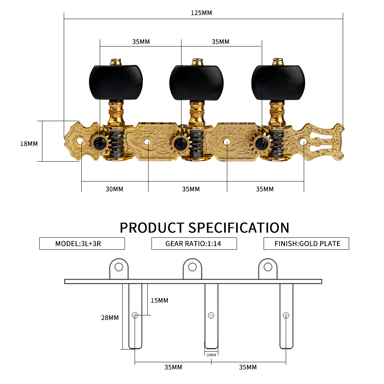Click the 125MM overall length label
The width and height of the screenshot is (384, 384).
[201, 13]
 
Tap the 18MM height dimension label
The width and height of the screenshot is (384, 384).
[29, 144]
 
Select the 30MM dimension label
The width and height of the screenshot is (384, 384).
[114, 189]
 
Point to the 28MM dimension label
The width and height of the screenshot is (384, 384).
[110, 318]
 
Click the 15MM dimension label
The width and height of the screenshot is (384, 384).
[159, 300]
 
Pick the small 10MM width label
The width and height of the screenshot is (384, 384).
[211, 355]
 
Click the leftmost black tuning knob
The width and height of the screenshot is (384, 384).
[116, 82]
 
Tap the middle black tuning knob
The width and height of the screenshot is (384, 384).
[196, 82]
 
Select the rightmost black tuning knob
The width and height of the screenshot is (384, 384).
[278, 82]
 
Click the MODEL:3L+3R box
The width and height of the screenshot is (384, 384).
[82, 244]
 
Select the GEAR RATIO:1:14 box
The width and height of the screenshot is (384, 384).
[194, 244]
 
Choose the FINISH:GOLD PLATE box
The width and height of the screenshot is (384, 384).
[306, 244]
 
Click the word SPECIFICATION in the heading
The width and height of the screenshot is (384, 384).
[239, 228]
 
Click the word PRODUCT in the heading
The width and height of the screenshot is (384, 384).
[152, 228]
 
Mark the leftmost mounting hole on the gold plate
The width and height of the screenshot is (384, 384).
[80, 141]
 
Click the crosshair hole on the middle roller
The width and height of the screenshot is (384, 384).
[211, 315]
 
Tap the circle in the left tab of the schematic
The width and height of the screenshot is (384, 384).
[119, 267]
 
